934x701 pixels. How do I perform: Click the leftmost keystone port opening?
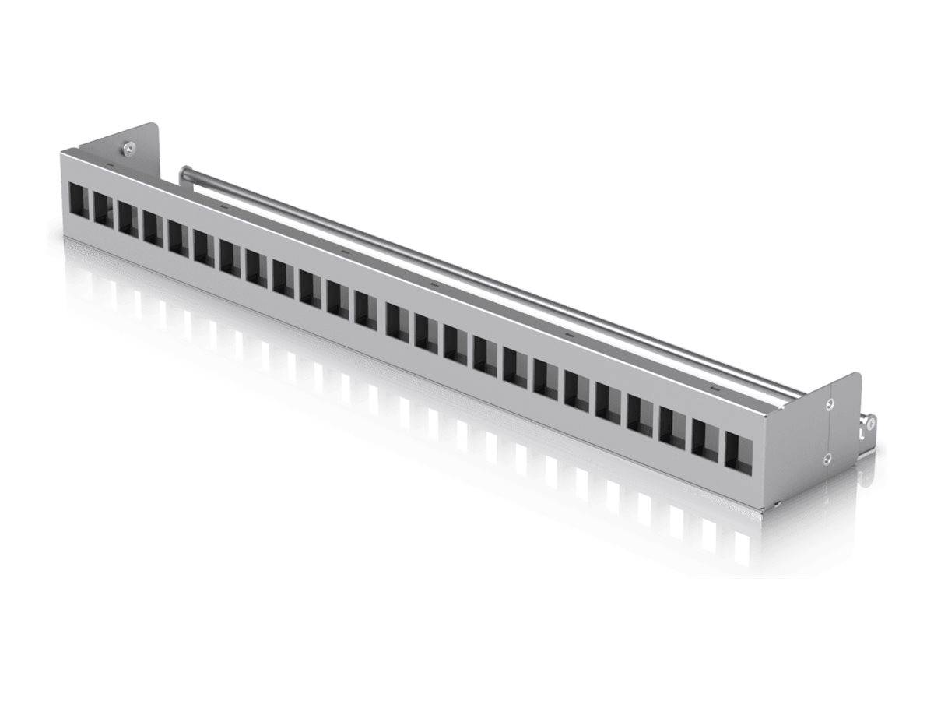(x=79, y=200)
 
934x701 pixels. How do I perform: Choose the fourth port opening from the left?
(x=153, y=227)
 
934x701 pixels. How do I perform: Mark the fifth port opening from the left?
(x=178, y=237)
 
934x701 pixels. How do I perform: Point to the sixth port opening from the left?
(x=204, y=247)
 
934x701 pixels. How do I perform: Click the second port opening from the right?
(x=706, y=439)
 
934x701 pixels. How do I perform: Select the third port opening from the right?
(x=673, y=426)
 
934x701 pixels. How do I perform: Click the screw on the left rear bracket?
(x=127, y=146)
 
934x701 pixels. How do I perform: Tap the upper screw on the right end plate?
(x=830, y=403)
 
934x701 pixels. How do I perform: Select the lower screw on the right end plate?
(x=828, y=459)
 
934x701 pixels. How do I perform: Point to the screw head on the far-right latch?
(x=870, y=423)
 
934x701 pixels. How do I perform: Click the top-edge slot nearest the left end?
(x=110, y=166)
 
